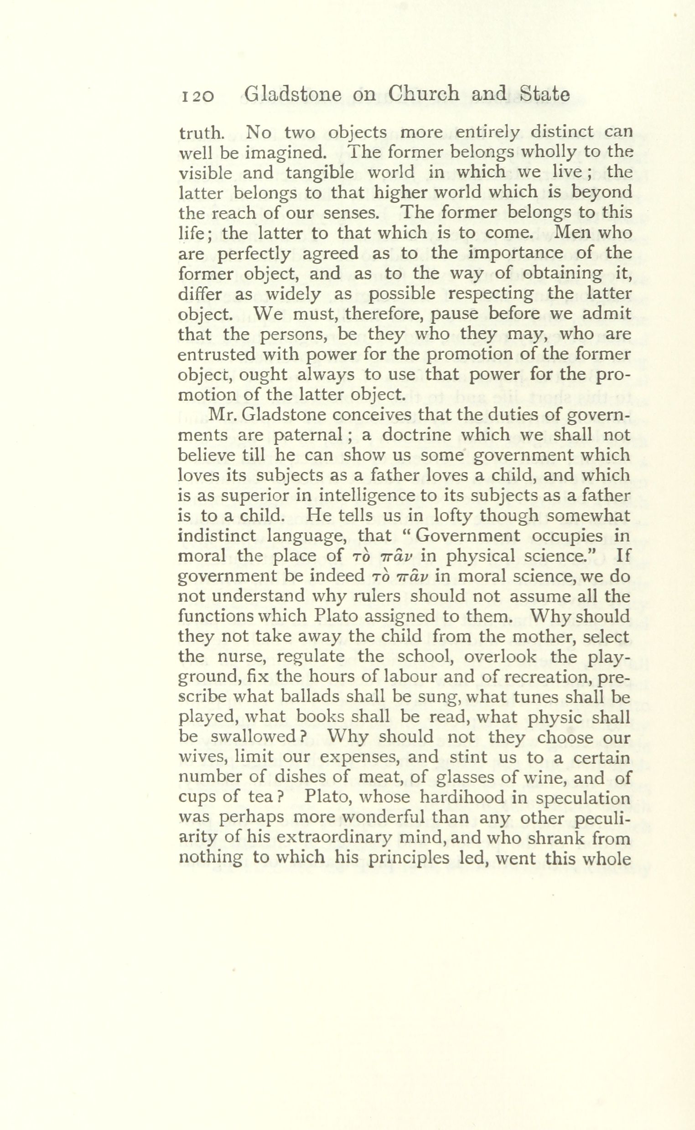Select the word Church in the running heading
(423, 94)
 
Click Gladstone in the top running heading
(293, 94)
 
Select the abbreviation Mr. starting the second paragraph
(223, 415)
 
